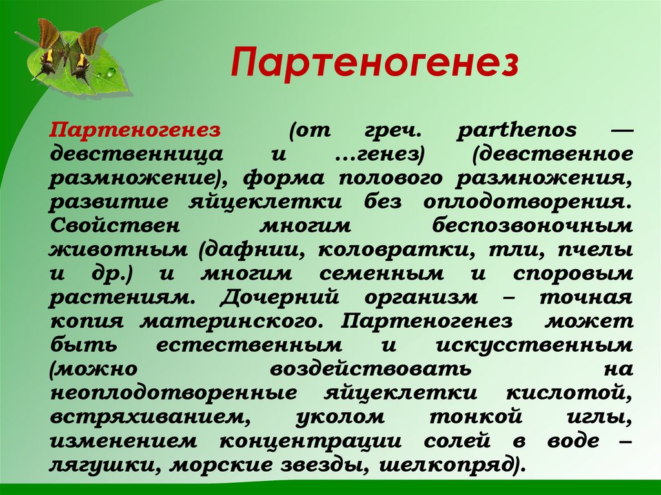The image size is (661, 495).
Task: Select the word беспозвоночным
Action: pyautogui.click(x=533, y=226)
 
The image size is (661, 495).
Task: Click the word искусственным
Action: pyautogui.click(x=534, y=345)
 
